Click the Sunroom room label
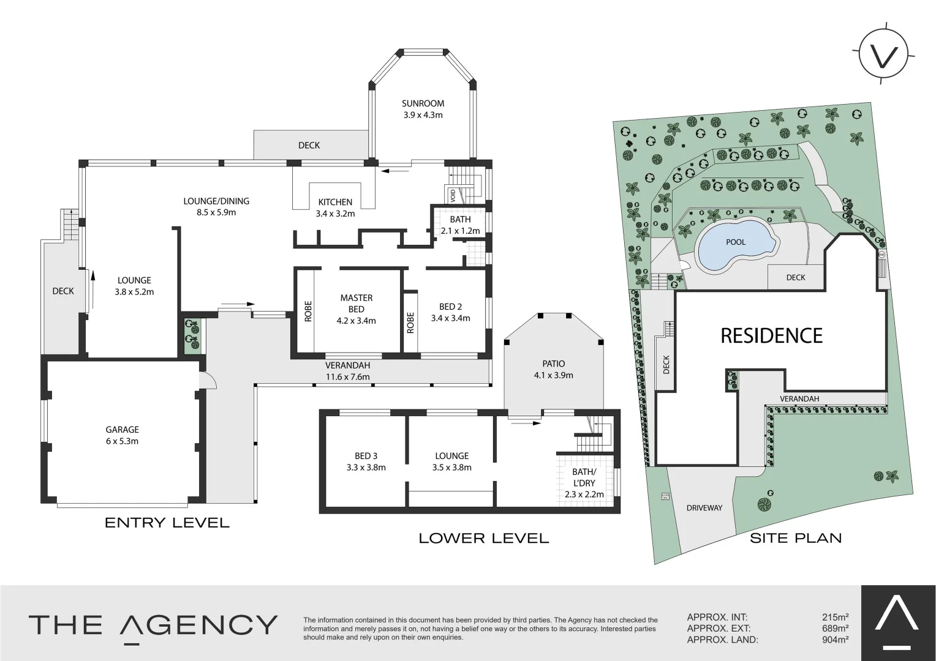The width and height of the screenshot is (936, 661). coord(423,109)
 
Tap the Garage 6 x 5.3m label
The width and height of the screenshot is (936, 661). coord(122,435)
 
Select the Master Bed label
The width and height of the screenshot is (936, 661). coord(356,308)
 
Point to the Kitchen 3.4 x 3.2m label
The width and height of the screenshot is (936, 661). coord(335,207)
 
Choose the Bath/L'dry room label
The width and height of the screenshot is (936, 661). coord(584,483)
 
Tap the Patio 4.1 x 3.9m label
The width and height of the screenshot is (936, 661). coord(553,369)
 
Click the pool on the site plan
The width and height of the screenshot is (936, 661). coord(736,243)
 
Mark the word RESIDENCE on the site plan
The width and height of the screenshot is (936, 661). coord(771,335)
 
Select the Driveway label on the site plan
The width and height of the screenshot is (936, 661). coord(704,508)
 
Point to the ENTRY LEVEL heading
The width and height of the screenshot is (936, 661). coord(167,523)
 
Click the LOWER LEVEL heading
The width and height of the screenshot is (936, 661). coord(483,539)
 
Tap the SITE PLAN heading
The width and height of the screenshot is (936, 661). coord(796,538)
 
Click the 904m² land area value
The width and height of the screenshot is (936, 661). coord(835,640)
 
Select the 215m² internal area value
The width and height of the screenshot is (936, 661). coord(835,618)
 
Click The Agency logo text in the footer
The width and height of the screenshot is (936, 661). coord(153,625)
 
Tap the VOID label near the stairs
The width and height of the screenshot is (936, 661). coord(453,195)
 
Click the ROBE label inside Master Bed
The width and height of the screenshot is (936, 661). coord(308,311)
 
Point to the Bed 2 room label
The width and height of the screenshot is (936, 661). coord(450,312)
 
